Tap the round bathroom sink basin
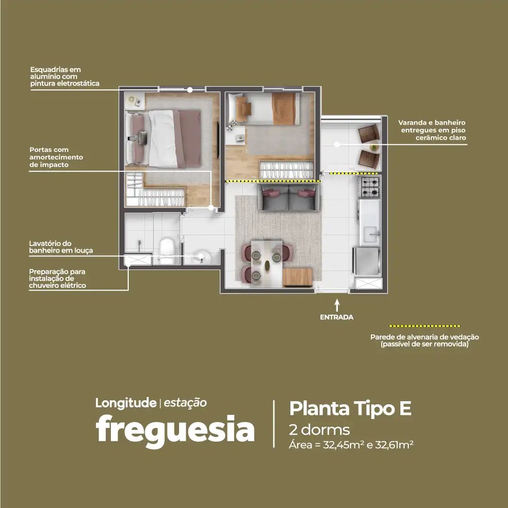pyautogui.click(x=201, y=257)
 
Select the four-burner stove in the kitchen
pyautogui.click(x=370, y=187)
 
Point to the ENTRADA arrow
pyautogui.click(x=337, y=305)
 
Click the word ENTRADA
pyautogui.click(x=336, y=317)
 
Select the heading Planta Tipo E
pyautogui.click(x=350, y=408)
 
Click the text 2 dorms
pyautogui.click(x=319, y=430)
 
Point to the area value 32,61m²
pyautogui.click(x=394, y=445)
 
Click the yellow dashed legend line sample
pyautogui.click(x=424, y=326)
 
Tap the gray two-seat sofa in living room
pyautogui.click(x=289, y=197)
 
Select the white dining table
pyautogui.click(x=266, y=262)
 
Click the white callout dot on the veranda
pyautogui.click(x=337, y=144)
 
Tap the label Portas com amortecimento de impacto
pyautogui.click(x=56, y=157)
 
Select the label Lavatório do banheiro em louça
pyautogui.click(x=61, y=247)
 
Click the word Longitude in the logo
pyautogui.click(x=126, y=403)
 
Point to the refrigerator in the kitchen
pyautogui.click(x=367, y=261)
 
